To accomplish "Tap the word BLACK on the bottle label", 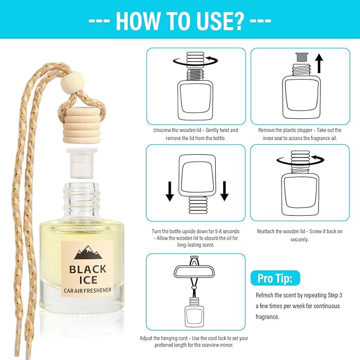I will click(87, 268).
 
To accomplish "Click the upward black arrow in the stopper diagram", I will click(319, 64).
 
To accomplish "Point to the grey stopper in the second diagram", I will click(300, 56).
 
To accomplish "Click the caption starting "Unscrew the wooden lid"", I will click(195, 133).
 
